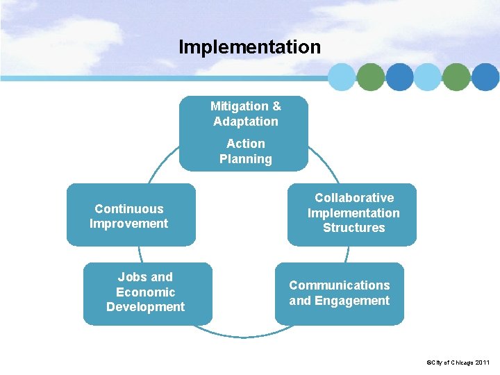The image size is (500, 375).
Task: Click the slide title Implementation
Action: (249, 47)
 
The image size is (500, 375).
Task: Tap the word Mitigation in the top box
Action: (240, 106)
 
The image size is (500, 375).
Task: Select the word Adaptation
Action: (246, 122)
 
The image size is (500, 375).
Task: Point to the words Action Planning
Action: (246, 151)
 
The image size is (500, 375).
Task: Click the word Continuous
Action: (129, 209)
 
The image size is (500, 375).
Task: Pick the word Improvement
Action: (129, 224)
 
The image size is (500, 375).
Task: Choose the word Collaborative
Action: (354, 198)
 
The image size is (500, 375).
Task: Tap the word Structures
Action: (353, 228)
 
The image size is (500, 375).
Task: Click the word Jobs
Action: (131, 277)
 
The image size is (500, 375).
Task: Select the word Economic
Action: (146, 292)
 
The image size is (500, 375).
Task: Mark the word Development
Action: (146, 307)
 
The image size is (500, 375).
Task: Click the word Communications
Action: (340, 285)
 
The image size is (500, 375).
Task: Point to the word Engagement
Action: (352, 301)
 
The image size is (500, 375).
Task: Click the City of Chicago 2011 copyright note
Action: (458, 362)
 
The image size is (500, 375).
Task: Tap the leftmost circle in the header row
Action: (342, 77)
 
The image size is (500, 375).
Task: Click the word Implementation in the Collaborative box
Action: (353, 213)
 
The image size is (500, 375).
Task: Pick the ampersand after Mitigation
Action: (276, 106)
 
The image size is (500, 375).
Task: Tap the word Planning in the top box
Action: (246, 159)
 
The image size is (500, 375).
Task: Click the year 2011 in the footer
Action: (482, 362)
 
